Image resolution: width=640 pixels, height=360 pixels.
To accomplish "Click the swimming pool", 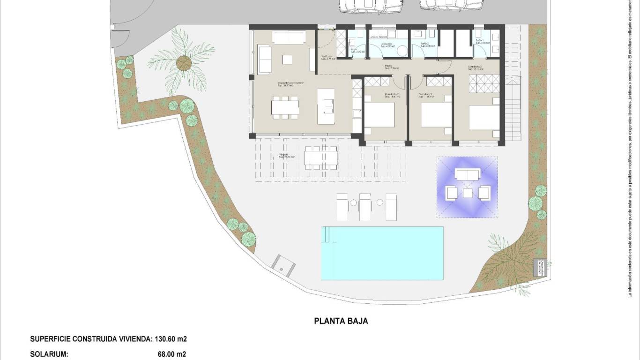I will (x=382, y=253).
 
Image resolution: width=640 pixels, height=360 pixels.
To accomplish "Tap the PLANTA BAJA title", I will (x=341, y=321).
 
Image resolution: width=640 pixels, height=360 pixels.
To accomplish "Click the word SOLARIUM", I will (x=49, y=354).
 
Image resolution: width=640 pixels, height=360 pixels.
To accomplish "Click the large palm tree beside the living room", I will (x=184, y=62).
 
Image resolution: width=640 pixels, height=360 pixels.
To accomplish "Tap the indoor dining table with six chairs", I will (x=285, y=107).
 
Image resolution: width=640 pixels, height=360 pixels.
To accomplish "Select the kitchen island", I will (x=326, y=106).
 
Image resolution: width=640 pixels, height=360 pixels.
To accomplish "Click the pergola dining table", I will (x=321, y=157).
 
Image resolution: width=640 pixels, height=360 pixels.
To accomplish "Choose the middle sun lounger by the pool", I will (x=365, y=207).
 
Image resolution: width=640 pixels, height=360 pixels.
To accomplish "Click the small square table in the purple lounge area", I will (x=468, y=193).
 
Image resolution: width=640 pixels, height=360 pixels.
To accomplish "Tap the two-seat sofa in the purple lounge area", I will (x=468, y=175).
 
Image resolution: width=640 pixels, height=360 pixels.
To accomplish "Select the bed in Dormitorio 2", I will (x=436, y=115).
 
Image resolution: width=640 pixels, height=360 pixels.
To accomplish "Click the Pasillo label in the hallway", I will (x=388, y=66).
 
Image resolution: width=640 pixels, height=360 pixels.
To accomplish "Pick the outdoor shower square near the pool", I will (x=283, y=265).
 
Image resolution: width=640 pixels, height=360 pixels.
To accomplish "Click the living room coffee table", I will (x=287, y=60).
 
